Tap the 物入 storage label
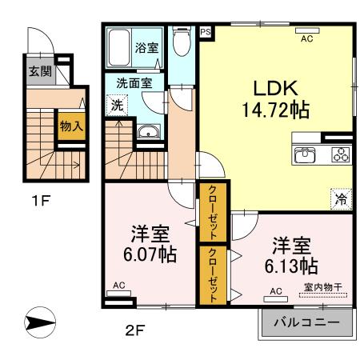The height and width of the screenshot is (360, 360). point(69,126)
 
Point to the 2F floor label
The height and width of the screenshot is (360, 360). point(134,329)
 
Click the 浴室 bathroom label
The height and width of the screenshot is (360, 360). point(146,47)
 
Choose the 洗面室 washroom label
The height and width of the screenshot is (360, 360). point(130,82)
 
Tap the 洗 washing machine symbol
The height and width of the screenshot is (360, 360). point(116,103)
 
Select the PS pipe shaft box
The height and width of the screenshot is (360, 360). point(206,32)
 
